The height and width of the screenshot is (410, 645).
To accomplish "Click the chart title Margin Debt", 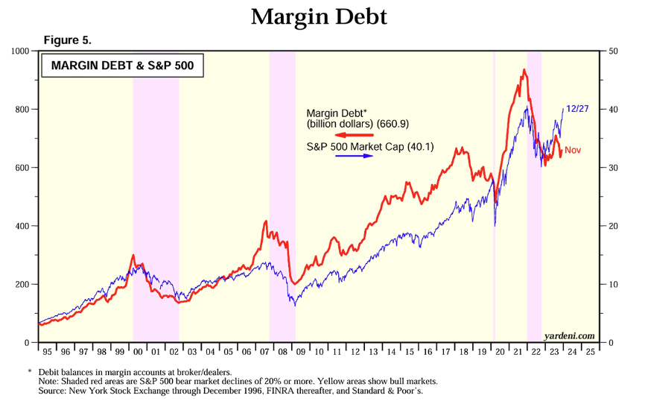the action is pyautogui.click(x=319, y=17).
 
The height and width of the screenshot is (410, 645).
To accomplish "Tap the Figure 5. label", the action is pyautogui.click(x=68, y=40).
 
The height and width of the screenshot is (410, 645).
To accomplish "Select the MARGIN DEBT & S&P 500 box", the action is pyautogui.click(x=123, y=66).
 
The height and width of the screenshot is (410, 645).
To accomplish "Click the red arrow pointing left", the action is pyautogui.click(x=355, y=135).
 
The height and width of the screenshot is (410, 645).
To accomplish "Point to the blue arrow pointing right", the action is pyautogui.click(x=355, y=156).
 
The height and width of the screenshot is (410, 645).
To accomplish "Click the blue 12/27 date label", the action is pyautogui.click(x=577, y=109).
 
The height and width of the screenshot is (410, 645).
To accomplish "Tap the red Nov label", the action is pyautogui.click(x=573, y=151).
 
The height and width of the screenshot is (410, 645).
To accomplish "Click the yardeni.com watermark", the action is pyautogui.click(x=569, y=336).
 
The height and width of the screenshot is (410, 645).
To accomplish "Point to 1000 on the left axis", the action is pyautogui.click(x=21, y=51).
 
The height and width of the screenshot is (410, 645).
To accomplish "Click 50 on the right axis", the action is pyautogui.click(x=613, y=51).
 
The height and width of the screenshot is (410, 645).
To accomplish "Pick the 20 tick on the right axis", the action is pyautogui.click(x=613, y=226).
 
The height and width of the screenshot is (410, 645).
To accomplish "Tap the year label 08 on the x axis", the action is pyautogui.click(x=282, y=352).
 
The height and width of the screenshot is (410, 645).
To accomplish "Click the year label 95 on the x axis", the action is pyautogui.click(x=48, y=352).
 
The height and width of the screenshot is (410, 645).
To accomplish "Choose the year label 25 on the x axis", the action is pyautogui.click(x=591, y=352).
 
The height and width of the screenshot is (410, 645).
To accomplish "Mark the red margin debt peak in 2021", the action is pyautogui.click(x=524, y=70).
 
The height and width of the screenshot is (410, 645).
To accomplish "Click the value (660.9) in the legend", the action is pyautogui.click(x=393, y=124).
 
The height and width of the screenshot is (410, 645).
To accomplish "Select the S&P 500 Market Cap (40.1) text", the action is pyautogui.click(x=370, y=147).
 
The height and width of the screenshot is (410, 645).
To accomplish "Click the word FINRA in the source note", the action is pyautogui.click(x=279, y=391).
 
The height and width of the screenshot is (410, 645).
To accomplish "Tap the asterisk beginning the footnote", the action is pyautogui.click(x=30, y=371).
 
